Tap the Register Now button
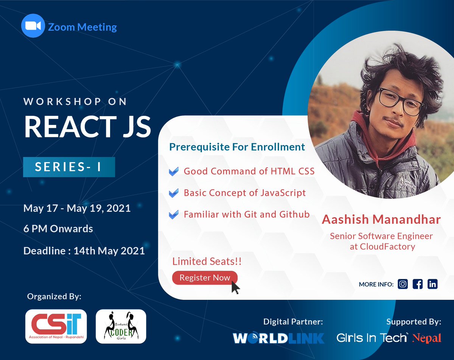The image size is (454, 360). (x=204, y=277)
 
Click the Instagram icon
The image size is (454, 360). (x=403, y=284)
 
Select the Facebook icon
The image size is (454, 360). (x=418, y=284)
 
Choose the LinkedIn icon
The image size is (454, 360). (x=432, y=284)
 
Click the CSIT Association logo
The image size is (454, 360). (x=56, y=326)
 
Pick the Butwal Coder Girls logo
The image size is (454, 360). (x=121, y=326)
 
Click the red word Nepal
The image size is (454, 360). (x=427, y=338)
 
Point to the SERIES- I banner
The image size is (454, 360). (x=69, y=167)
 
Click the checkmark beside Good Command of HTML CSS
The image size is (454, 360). (x=173, y=172)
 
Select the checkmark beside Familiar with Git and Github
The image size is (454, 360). (x=173, y=215)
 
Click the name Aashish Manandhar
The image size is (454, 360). (x=381, y=220)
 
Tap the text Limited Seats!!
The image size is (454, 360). (x=207, y=261)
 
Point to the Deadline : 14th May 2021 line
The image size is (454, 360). (x=84, y=251)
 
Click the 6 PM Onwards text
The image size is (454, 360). (x=58, y=229)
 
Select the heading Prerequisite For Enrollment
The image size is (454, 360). (x=237, y=147)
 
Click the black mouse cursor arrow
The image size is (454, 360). (x=235, y=287)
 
